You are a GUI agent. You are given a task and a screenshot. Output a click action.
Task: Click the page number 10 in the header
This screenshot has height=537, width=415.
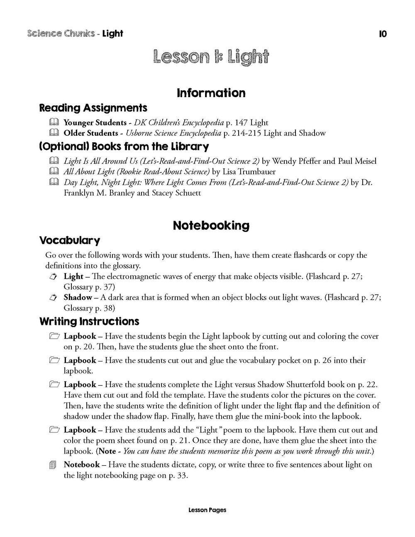(x=383, y=34)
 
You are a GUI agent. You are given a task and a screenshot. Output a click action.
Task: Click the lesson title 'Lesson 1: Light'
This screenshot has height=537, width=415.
(x=211, y=57)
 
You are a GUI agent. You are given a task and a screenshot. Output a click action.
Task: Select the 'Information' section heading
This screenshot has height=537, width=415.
(x=211, y=93)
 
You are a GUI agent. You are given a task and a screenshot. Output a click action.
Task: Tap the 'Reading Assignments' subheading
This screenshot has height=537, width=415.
(x=93, y=108)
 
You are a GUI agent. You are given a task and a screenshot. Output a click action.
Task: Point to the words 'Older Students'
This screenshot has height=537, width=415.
(x=91, y=133)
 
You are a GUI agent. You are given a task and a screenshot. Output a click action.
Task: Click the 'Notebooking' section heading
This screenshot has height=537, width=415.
(x=211, y=226)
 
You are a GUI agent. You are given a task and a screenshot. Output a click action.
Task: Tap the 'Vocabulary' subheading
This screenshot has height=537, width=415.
(x=70, y=241)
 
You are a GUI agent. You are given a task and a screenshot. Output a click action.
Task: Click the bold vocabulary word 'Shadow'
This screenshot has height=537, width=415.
(x=78, y=298)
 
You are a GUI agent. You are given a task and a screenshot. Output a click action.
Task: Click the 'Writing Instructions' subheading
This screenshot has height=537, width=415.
(x=89, y=322)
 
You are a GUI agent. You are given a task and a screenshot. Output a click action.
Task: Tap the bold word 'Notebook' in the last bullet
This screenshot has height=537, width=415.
(x=82, y=465)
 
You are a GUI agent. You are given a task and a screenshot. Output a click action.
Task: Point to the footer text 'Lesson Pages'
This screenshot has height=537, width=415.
(x=207, y=510)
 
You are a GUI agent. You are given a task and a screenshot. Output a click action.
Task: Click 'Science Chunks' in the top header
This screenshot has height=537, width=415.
(x=61, y=34)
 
